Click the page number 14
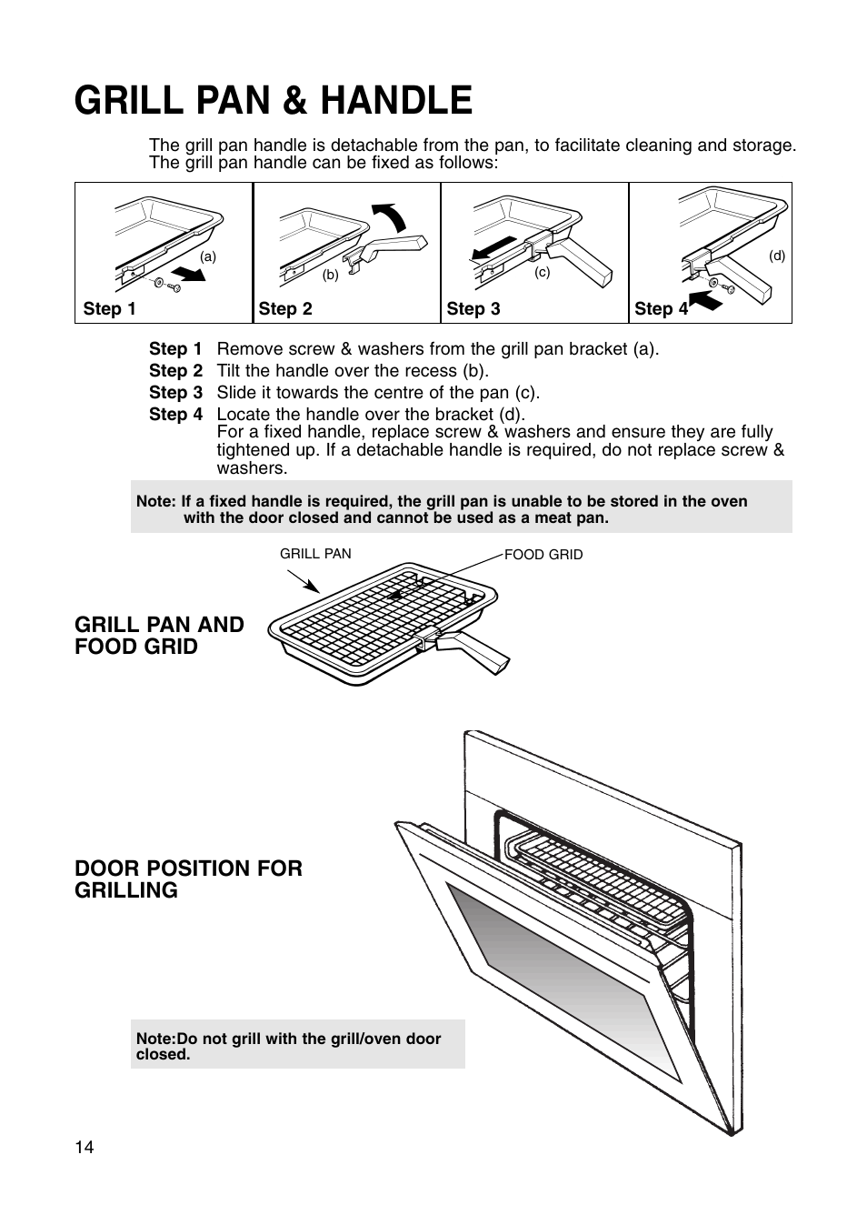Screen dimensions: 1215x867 [x=84, y=1147]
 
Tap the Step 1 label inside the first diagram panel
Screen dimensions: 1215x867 [x=109, y=309]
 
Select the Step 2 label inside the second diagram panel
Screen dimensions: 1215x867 [x=284, y=309]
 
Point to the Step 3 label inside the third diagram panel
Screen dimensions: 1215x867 [x=473, y=309]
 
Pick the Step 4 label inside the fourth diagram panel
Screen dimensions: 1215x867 [x=661, y=309]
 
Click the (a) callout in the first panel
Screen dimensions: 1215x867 [x=209, y=256]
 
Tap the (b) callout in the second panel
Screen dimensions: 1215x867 [x=330, y=275]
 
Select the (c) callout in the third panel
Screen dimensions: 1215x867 [x=543, y=272]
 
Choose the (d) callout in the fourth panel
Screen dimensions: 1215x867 [x=776, y=256]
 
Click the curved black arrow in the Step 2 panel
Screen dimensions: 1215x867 [x=394, y=218]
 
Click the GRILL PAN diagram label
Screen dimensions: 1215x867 [x=314, y=554]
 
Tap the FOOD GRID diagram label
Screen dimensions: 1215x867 [x=543, y=555]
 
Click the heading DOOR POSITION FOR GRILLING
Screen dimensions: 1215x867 [x=188, y=879]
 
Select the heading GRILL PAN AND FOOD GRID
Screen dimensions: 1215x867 [x=159, y=636]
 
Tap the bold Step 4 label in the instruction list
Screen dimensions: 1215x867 [x=175, y=415]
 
